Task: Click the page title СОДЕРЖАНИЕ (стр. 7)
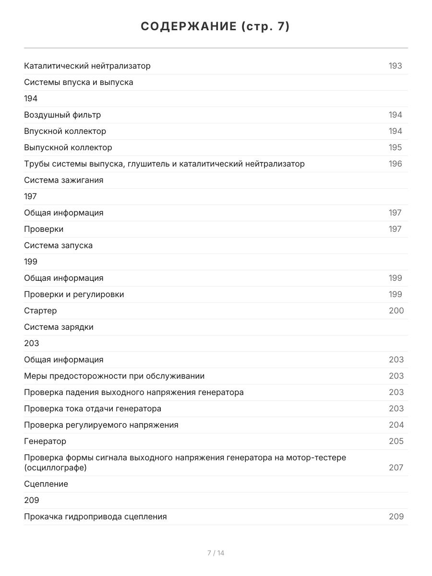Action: click(x=216, y=27)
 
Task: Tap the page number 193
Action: click(x=395, y=66)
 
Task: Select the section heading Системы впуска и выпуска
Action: click(x=79, y=82)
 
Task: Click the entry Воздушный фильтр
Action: click(x=62, y=115)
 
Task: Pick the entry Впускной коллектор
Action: click(x=65, y=131)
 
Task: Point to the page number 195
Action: click(x=395, y=147)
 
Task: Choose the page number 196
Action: click(x=395, y=164)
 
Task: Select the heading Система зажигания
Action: click(x=64, y=180)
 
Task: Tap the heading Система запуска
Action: click(x=59, y=245)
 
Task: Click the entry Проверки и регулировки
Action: click(x=74, y=294)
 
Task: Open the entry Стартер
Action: click(x=40, y=311)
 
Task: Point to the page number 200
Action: click(x=396, y=311)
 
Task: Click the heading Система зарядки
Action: click(x=59, y=327)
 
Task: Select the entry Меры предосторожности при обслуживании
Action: click(x=114, y=376)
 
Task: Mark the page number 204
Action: click(x=396, y=425)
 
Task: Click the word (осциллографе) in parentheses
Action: click(x=55, y=468)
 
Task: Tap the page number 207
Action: click(x=396, y=468)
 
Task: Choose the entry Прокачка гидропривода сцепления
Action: click(x=96, y=516)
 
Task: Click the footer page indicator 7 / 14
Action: click(x=216, y=553)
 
